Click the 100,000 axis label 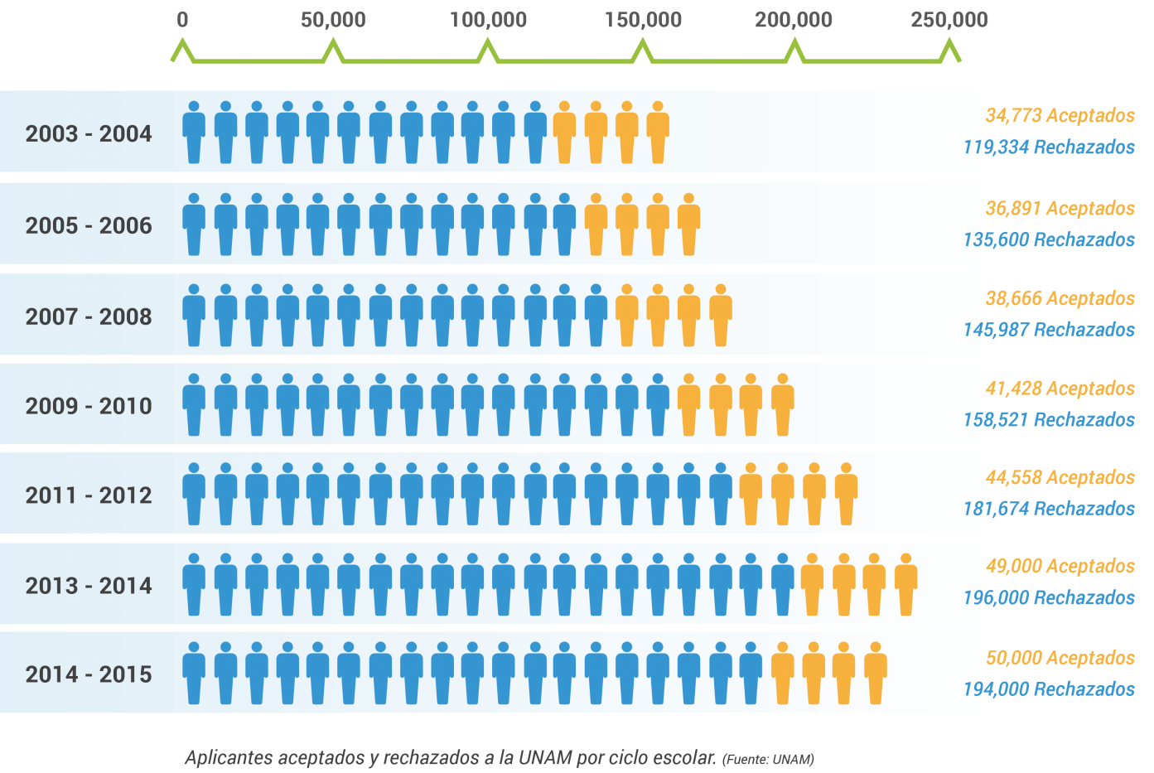click(x=489, y=20)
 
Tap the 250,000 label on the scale click(x=949, y=20)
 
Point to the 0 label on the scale click(x=182, y=20)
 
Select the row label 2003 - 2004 click(x=89, y=134)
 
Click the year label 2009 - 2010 click(x=89, y=406)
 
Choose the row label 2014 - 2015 click(x=89, y=674)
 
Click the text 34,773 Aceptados click(x=1060, y=116)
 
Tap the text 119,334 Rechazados click(x=1049, y=147)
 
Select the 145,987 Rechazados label click(x=1049, y=330)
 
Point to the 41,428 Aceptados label click(x=1060, y=389)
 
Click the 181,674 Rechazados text click(x=1049, y=510)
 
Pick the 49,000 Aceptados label click(x=1060, y=567)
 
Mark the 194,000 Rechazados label click(x=1049, y=689)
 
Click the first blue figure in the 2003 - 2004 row click(x=194, y=133)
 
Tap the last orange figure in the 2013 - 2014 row click(x=905, y=584)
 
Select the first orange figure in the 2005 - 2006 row click(x=596, y=225)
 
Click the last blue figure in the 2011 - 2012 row click(x=720, y=494)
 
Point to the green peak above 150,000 click(x=642, y=42)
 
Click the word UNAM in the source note click(x=793, y=760)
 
